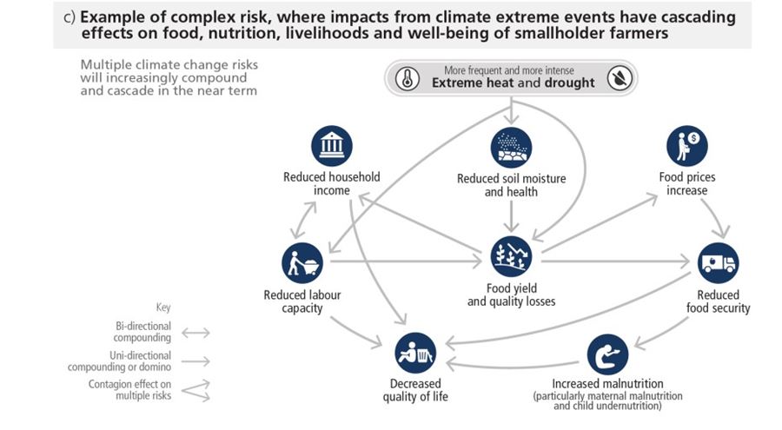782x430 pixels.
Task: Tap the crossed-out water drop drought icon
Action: (619, 77)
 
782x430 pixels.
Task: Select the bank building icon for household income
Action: (331, 147)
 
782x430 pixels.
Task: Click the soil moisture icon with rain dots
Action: (511, 148)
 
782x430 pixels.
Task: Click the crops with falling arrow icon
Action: (511, 256)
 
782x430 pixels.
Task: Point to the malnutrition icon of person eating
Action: (607, 354)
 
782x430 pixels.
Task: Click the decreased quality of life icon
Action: (414, 353)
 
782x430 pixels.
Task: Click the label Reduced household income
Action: (331, 184)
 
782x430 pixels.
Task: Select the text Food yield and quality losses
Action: (511, 295)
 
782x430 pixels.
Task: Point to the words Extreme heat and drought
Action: (513, 83)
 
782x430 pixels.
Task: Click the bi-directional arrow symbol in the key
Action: (195, 332)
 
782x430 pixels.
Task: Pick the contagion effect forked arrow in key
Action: (195, 390)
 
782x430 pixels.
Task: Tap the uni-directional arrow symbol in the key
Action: (195, 361)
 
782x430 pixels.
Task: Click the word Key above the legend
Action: (163, 308)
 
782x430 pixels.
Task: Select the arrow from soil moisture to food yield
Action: (511, 217)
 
